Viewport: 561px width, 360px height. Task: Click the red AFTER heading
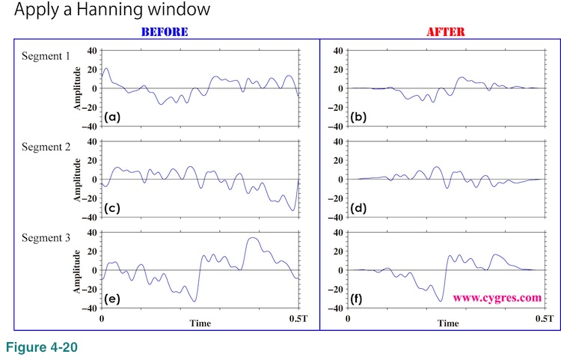click(x=446, y=31)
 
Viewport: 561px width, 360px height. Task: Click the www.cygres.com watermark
click(x=497, y=297)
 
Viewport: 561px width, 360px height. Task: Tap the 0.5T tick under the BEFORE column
click(x=298, y=320)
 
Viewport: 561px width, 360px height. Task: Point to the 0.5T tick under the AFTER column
click(x=544, y=320)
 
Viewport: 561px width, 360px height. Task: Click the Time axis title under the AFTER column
click(x=447, y=323)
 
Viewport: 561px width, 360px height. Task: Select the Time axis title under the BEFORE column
click(x=200, y=323)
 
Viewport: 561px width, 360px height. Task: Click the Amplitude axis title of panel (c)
click(x=77, y=180)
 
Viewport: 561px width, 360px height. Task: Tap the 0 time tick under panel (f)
click(x=349, y=320)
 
